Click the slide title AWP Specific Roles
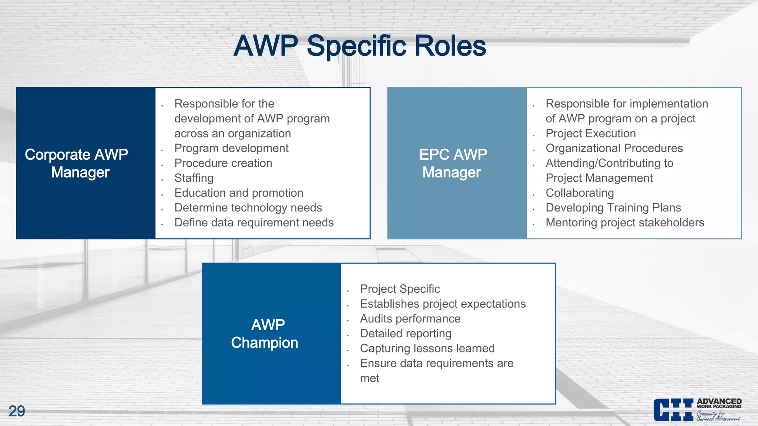tap(360, 46)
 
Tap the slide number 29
tap(17, 411)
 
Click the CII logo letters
tap(673, 410)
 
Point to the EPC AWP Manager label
tap(453, 163)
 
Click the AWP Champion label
tap(265, 334)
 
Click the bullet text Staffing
tap(194, 178)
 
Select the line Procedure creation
tap(223, 163)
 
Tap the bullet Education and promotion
tap(239, 193)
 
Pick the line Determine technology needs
tap(248, 207)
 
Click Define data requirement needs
tap(254, 222)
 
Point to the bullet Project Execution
tap(591, 133)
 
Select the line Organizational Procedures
tap(614, 148)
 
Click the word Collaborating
tap(580, 193)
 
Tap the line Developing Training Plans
tap(613, 207)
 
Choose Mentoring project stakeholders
tap(625, 222)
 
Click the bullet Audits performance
tap(410, 318)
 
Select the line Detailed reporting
tap(406, 333)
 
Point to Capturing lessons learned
tap(427, 348)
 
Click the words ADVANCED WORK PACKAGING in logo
tap(719, 403)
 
